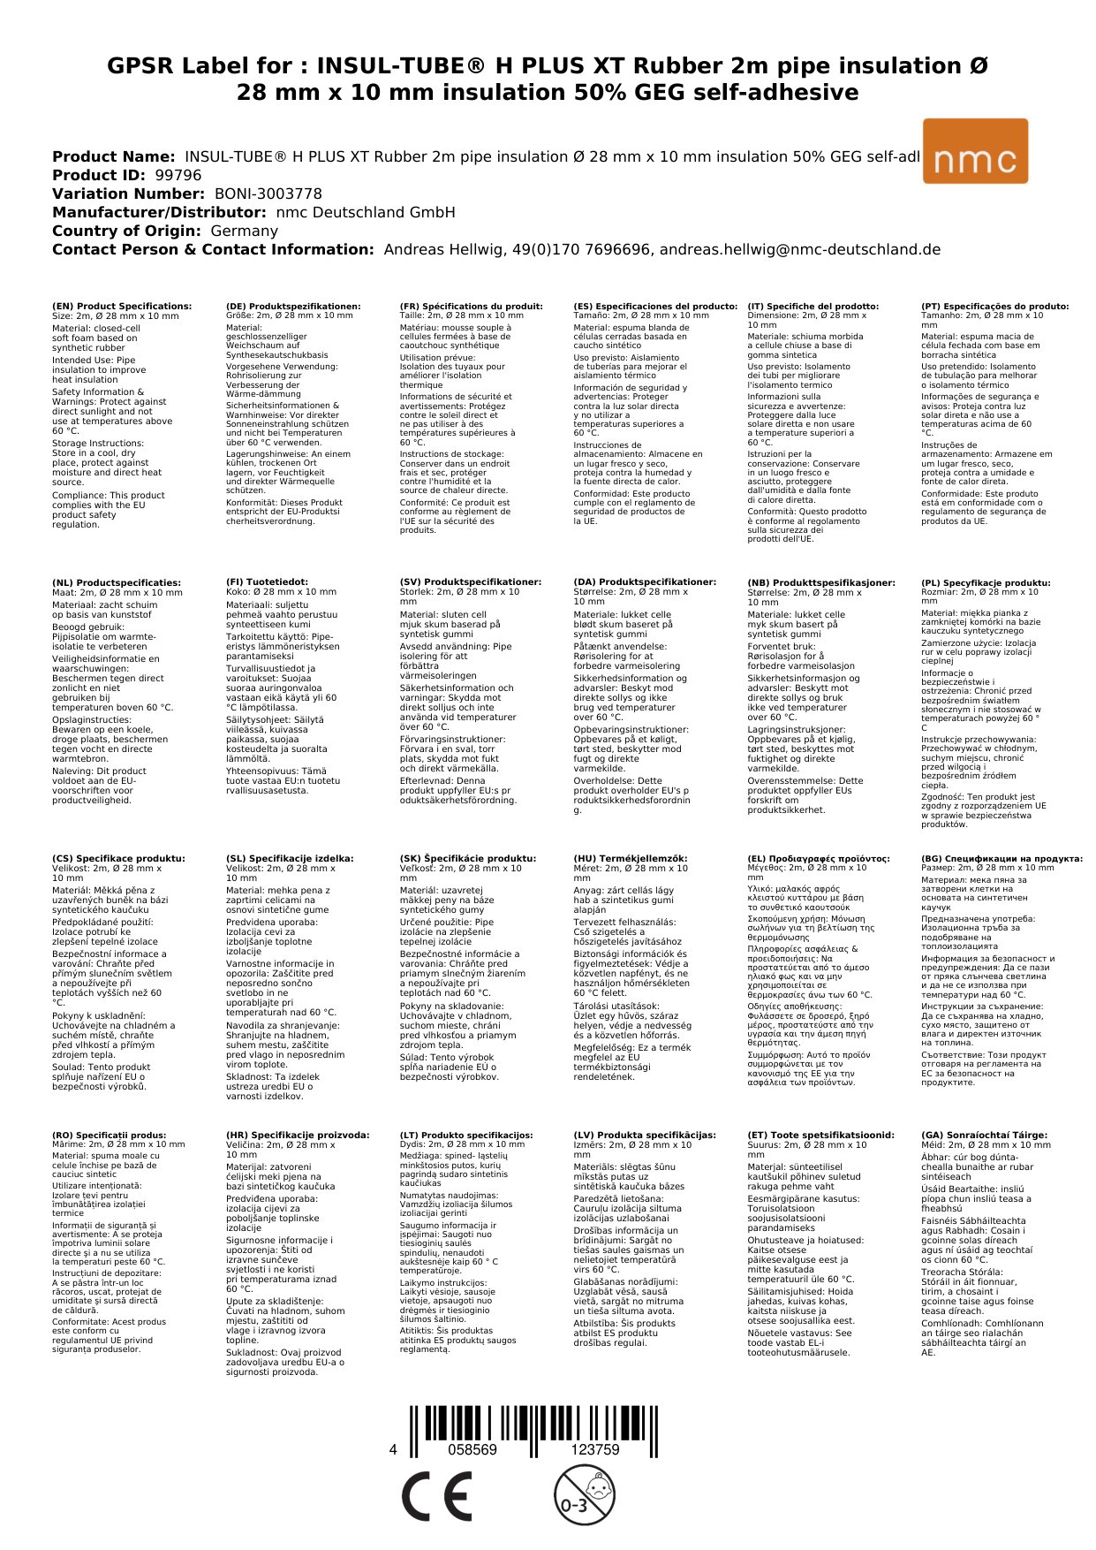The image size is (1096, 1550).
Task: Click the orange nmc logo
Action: click(x=975, y=151)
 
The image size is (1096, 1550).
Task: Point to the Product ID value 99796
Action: click(x=178, y=175)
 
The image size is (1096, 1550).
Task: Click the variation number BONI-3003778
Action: click(x=268, y=194)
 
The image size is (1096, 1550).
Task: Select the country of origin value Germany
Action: click(x=244, y=231)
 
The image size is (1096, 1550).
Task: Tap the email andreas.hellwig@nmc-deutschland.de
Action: click(x=800, y=249)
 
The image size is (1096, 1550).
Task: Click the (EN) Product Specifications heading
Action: click(x=122, y=306)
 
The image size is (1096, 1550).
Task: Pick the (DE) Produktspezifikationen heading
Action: click(x=293, y=306)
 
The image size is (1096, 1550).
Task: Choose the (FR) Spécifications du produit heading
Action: click(x=471, y=306)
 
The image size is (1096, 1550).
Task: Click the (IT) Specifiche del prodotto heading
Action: click(x=813, y=306)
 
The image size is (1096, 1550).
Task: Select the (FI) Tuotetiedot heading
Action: click(x=267, y=582)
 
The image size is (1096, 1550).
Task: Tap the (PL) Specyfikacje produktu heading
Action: click(x=986, y=582)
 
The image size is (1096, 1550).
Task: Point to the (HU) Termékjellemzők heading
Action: click(x=630, y=858)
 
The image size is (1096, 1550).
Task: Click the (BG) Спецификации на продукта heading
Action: click(x=1002, y=858)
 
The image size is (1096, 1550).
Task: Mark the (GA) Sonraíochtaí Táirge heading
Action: click(x=984, y=1135)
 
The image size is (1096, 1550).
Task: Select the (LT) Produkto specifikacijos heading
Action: click(x=466, y=1135)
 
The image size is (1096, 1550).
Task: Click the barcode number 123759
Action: click(x=595, y=1450)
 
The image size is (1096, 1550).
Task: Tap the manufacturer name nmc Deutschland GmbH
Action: click(x=366, y=212)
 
